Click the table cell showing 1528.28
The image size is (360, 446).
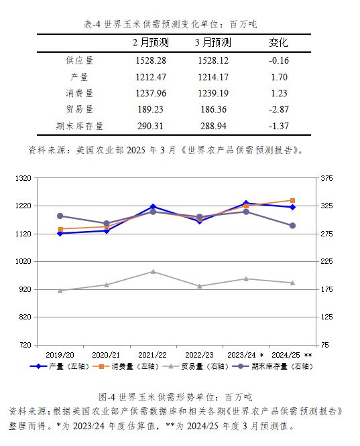click(x=151, y=60)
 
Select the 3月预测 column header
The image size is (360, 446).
click(x=213, y=43)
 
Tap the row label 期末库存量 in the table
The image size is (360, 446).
click(x=80, y=126)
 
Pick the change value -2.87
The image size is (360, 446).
click(x=278, y=109)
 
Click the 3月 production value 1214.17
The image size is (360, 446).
click(x=213, y=77)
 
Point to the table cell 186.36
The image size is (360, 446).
click(x=213, y=109)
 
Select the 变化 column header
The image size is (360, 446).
click(x=278, y=43)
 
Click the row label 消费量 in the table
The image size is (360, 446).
click(x=80, y=93)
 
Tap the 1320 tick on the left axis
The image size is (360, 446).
click(x=23, y=178)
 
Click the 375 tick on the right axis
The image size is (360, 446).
click(x=326, y=178)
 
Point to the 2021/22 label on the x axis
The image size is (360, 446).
click(x=152, y=355)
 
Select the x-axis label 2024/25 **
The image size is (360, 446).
click(x=292, y=355)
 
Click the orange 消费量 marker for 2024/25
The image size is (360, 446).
click(x=292, y=200)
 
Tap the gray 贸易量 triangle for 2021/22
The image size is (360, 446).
click(x=153, y=272)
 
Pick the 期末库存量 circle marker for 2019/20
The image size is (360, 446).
click(x=60, y=216)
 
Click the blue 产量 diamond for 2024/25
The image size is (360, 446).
click(x=292, y=208)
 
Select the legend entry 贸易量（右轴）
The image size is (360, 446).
click(x=196, y=366)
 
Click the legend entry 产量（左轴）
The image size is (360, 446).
click(x=60, y=366)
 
